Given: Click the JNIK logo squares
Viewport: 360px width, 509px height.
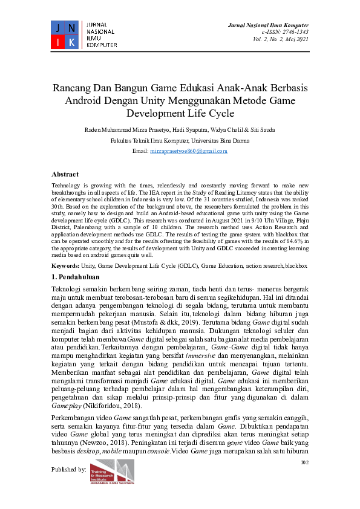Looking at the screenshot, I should click(64, 34).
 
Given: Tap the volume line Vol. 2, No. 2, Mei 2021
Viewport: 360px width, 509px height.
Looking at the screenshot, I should click(281, 39).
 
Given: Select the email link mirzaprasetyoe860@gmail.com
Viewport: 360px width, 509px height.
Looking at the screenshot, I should click(188, 151).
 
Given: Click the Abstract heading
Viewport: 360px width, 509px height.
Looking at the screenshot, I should click(65, 173).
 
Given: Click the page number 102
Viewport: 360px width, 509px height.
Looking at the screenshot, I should click(304, 463).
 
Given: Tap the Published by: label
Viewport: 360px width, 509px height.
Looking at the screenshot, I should click(69, 468).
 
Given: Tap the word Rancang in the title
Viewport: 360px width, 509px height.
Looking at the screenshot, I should click(71, 88).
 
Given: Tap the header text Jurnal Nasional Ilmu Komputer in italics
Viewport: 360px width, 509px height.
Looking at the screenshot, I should click(267, 25).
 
